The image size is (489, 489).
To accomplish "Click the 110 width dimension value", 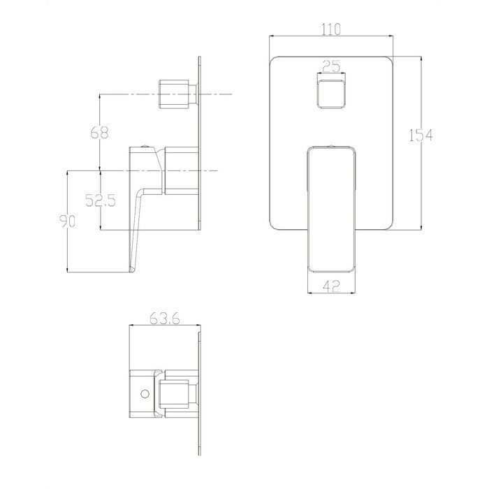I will click(x=331, y=29).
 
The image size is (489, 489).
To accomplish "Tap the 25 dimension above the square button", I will click(x=331, y=67).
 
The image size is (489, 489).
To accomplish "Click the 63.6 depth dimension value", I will click(x=166, y=319).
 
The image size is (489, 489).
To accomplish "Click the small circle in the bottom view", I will click(x=145, y=394).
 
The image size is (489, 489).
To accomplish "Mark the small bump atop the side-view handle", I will click(x=144, y=146).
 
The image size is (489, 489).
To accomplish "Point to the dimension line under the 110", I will click(x=331, y=38).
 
